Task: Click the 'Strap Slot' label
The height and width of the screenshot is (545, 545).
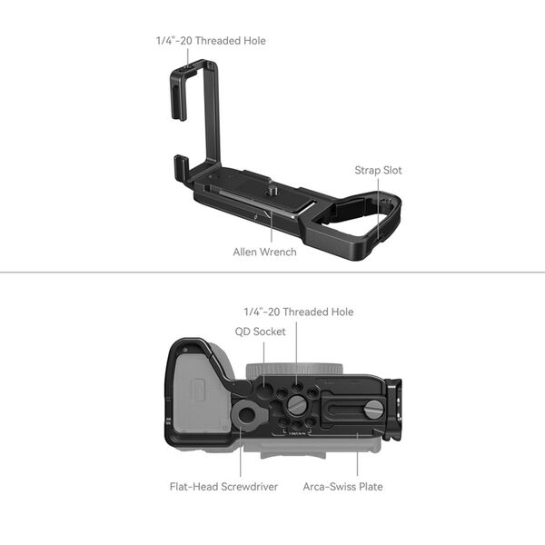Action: pyautogui.click(x=378, y=170)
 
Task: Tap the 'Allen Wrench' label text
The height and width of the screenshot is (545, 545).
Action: pyautogui.click(x=264, y=252)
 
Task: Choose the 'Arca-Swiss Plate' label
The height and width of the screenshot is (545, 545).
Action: pyautogui.click(x=342, y=487)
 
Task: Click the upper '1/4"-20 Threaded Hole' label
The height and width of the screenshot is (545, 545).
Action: pyautogui.click(x=210, y=41)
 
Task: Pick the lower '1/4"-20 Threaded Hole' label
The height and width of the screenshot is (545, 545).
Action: pyautogui.click(x=298, y=312)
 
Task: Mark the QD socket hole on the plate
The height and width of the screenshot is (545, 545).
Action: pyautogui.click(x=263, y=387)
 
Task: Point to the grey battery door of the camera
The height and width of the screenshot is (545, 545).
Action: pyautogui.click(x=201, y=394)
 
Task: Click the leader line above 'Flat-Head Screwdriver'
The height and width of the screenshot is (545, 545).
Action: pyautogui.click(x=241, y=454)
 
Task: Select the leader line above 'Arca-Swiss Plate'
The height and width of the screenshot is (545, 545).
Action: pyautogui.click(x=357, y=454)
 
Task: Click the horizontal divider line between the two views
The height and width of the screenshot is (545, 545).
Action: pyautogui.click(x=272, y=272)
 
